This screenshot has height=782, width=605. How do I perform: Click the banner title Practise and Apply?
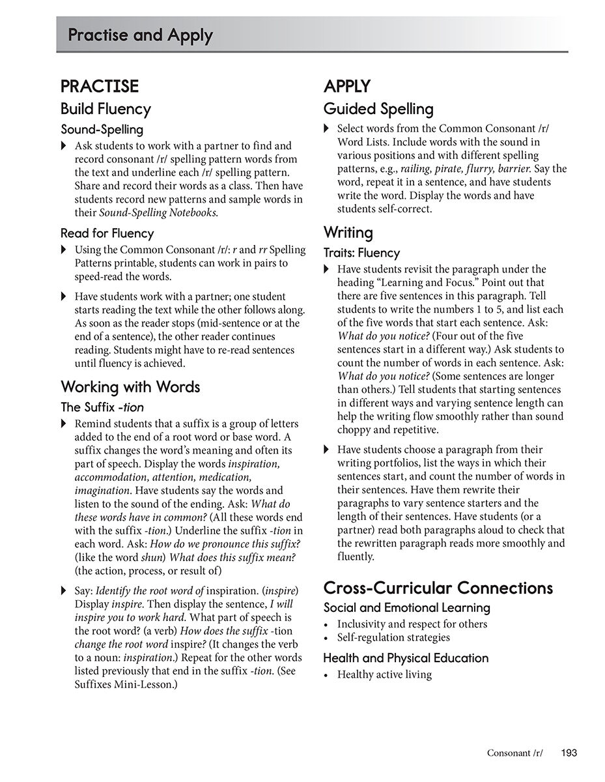click(140, 35)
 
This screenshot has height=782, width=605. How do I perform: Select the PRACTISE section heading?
click(100, 87)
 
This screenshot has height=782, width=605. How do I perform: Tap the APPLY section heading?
click(347, 87)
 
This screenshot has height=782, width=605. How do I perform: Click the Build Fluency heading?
click(106, 109)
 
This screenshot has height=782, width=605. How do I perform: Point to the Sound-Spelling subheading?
click(102, 130)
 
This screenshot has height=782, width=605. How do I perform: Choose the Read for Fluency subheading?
click(107, 233)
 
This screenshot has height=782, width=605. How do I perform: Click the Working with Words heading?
click(130, 387)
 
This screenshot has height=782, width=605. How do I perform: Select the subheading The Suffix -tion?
click(102, 407)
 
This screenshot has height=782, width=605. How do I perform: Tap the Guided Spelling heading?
click(378, 109)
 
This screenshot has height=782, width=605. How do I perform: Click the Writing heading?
click(348, 233)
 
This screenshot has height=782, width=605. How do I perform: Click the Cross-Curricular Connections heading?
click(438, 588)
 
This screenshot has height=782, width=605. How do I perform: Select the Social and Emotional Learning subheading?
click(407, 608)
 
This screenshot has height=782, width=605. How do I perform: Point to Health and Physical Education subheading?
click(406, 658)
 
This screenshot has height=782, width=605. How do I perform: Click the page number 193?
click(569, 753)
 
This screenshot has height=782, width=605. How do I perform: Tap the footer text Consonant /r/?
click(514, 753)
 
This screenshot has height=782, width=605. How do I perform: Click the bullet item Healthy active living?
click(384, 674)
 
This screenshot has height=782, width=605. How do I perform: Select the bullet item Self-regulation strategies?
click(393, 637)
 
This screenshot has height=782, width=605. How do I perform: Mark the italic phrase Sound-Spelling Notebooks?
click(158, 213)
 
